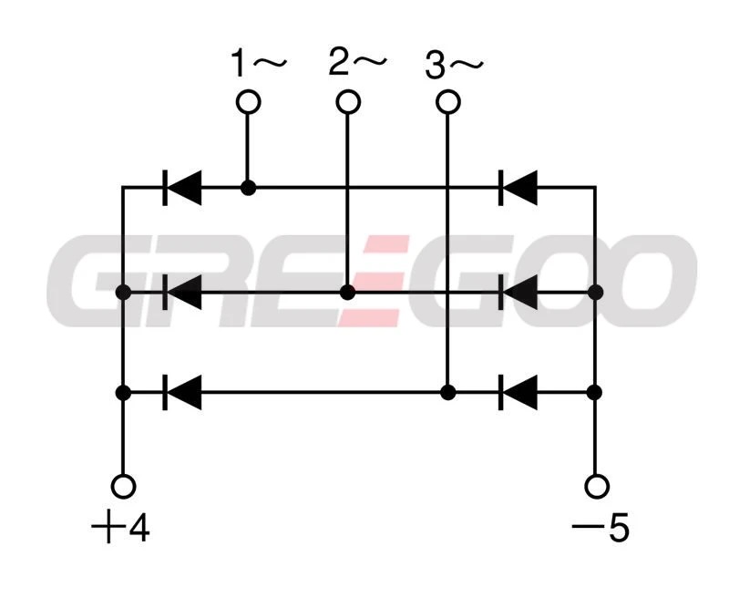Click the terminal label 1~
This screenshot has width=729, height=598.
tap(258, 65)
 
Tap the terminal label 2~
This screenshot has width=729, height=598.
tap(357, 63)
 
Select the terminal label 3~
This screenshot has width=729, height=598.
tap(454, 66)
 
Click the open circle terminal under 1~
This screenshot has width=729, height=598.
tap(248, 102)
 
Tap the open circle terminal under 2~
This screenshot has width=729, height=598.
tap(347, 102)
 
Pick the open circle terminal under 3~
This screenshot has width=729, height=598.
tap(447, 102)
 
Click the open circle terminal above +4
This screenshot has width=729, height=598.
tap(123, 486)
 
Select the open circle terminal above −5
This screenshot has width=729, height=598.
tap(597, 486)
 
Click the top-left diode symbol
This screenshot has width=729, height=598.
tap(181, 188)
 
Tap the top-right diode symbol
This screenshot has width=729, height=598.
tap(519, 188)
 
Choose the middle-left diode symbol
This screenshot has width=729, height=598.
tap(181, 293)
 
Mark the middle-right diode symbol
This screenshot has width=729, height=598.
tap(519, 293)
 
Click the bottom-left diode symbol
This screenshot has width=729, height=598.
tap(181, 393)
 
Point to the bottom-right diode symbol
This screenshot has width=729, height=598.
tap(519, 393)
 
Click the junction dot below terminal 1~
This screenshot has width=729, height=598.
tap(248, 188)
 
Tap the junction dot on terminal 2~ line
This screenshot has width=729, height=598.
tap(347, 293)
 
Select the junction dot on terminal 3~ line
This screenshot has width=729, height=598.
tap(447, 393)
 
